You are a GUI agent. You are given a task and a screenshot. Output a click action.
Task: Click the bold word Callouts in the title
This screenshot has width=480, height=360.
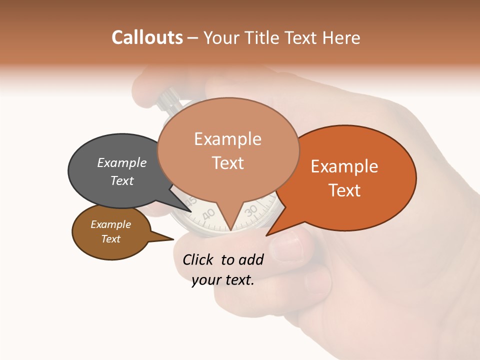(x=147, y=37)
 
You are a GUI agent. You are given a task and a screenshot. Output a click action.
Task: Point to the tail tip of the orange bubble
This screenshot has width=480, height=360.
(x=267, y=235)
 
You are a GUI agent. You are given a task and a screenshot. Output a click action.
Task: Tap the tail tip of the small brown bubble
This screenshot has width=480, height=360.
(x=173, y=239)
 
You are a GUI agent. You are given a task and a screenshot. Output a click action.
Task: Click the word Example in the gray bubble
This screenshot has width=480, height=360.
(x=121, y=163)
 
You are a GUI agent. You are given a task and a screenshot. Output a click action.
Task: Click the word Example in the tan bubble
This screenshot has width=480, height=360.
(x=227, y=139)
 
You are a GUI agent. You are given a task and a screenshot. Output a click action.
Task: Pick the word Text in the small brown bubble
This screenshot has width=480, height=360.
(x=111, y=239)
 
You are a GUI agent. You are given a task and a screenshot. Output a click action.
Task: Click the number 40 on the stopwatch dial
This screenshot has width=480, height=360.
(x=208, y=214)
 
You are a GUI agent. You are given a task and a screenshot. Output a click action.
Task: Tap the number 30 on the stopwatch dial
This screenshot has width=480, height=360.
(x=251, y=210)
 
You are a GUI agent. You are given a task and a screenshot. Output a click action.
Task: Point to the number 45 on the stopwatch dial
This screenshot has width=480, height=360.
(x=190, y=202)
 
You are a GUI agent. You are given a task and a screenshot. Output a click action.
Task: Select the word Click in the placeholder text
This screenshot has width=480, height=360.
(x=199, y=259)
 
